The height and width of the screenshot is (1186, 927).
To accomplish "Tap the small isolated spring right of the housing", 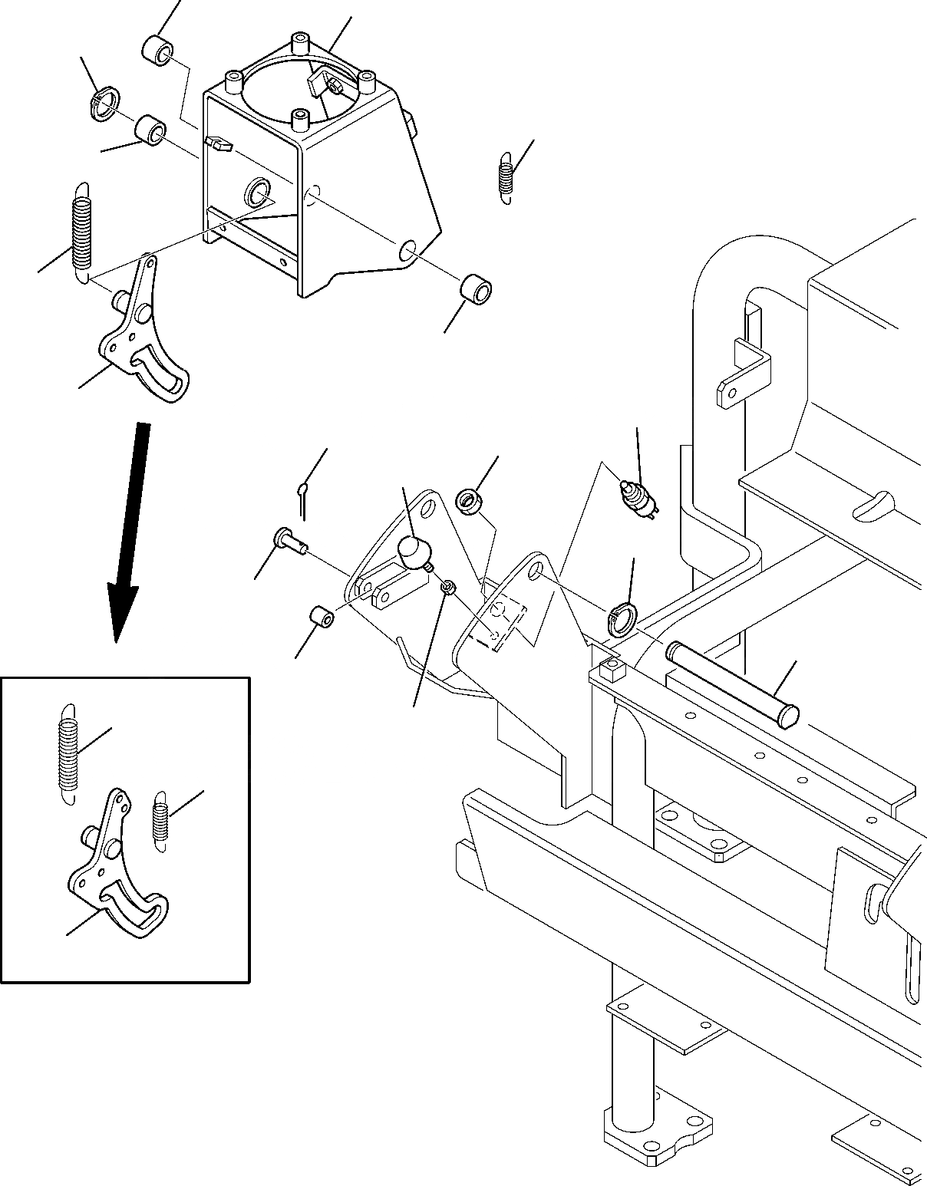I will click(506, 176).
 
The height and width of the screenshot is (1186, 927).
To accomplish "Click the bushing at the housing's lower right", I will click(476, 293).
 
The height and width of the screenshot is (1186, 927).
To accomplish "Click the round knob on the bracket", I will click(414, 550).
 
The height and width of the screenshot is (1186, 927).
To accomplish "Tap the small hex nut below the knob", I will click(450, 587).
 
